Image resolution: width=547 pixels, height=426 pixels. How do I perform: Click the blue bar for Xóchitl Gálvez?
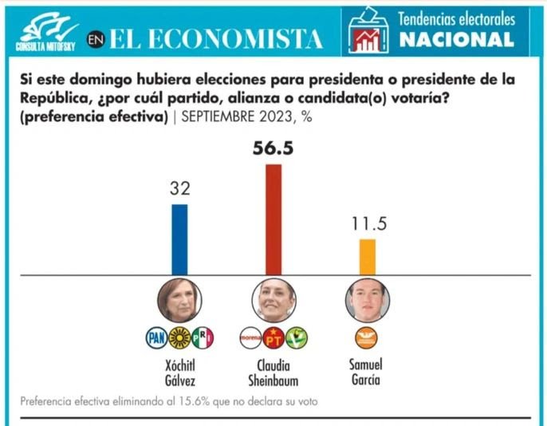click(x=179, y=239)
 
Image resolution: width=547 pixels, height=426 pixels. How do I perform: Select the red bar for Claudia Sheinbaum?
click(x=273, y=219)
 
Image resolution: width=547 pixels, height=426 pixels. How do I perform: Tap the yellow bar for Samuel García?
click(x=367, y=257)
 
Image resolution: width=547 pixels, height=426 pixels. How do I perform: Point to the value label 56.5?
click(x=273, y=148)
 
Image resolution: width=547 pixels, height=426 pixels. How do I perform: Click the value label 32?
click(x=179, y=189)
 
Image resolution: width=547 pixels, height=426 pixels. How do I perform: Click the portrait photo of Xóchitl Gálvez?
click(x=179, y=301)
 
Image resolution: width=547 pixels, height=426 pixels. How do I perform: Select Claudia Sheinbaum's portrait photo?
click(x=273, y=301)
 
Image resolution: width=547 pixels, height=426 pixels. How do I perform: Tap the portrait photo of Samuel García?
click(x=367, y=301)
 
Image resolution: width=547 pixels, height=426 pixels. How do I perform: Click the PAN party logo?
click(x=156, y=338)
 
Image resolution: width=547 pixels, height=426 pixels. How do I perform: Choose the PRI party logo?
click(x=203, y=338)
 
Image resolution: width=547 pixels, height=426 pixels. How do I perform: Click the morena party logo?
click(x=250, y=338)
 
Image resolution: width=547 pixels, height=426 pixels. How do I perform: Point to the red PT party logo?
click(x=273, y=338)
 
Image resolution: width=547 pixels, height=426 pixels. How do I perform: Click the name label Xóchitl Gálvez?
click(x=179, y=372)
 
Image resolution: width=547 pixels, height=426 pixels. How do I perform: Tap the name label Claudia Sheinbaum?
click(x=273, y=372)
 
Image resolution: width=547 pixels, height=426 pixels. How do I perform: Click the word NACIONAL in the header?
click(x=456, y=40)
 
